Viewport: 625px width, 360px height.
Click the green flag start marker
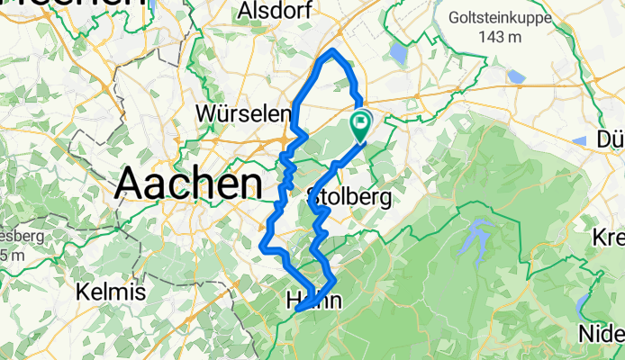[x=360, y=122]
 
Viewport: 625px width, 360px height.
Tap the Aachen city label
[x=188, y=184]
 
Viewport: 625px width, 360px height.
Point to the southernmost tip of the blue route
[x=298, y=311]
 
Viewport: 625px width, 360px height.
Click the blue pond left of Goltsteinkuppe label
[x=399, y=53]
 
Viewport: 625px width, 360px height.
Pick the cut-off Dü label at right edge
[x=611, y=140]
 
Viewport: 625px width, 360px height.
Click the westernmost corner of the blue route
[x=262, y=245]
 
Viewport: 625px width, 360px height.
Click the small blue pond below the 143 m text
[x=516, y=76]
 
